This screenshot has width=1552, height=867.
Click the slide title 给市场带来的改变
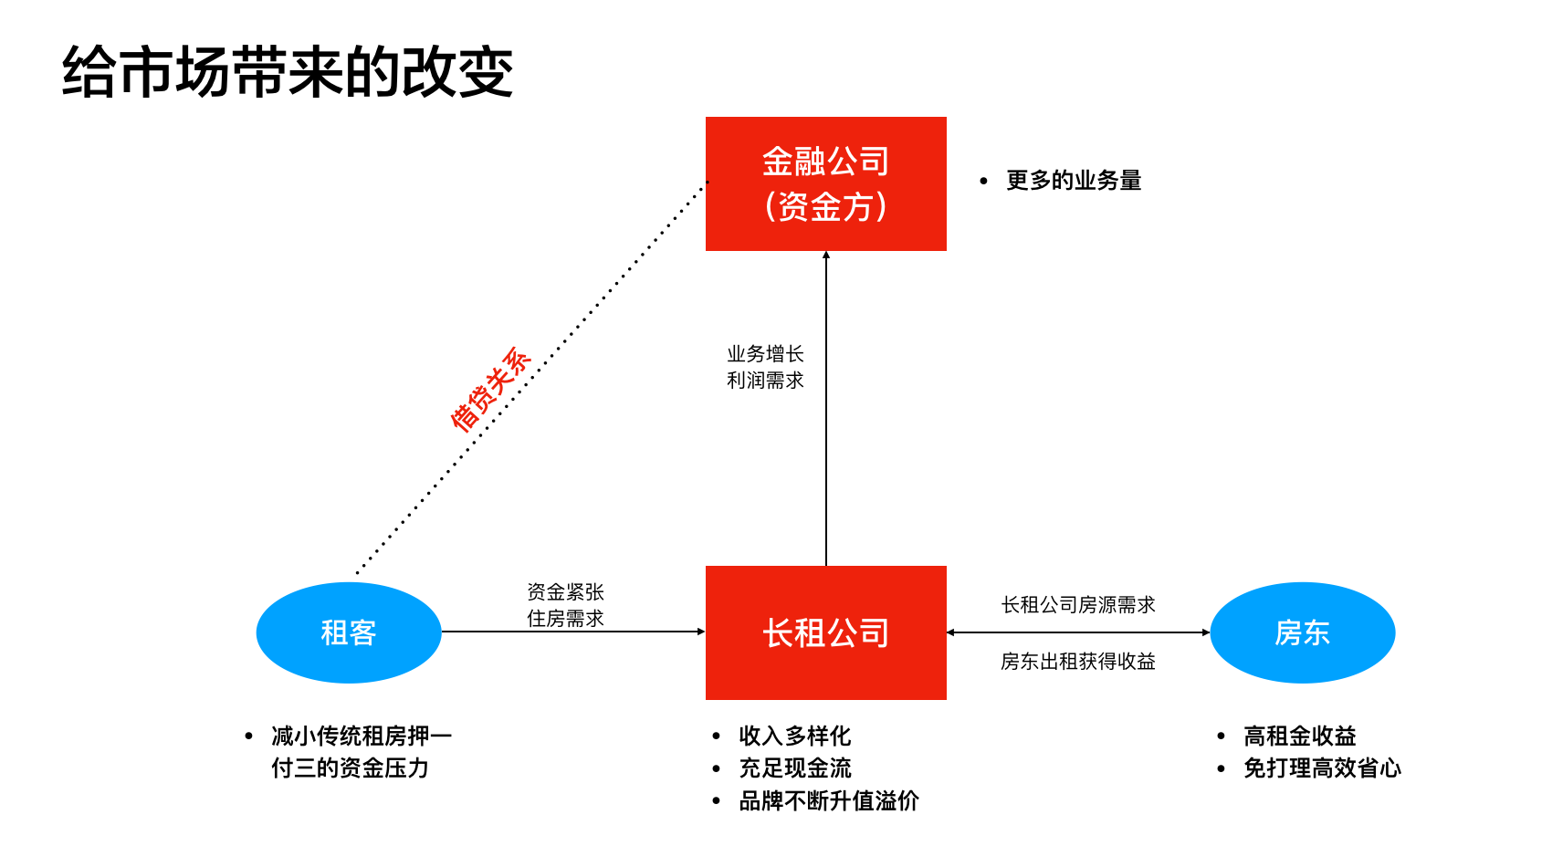tap(288, 73)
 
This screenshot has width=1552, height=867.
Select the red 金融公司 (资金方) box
tap(825, 183)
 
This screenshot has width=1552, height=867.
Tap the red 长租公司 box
tap(825, 632)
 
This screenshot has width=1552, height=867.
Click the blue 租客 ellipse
tap(349, 632)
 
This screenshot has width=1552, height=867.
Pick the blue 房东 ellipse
tap(1302, 632)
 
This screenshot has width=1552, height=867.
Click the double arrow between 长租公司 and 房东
tap(1077, 632)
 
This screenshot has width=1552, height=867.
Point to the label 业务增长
tap(765, 353)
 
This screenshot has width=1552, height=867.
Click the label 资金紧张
tap(565, 592)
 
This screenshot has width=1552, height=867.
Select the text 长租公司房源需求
tap(1078, 605)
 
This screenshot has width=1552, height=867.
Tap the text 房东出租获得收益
tap(1077, 661)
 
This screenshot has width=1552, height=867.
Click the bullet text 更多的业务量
tap(1074, 181)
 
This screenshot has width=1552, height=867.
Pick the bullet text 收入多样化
tap(795, 736)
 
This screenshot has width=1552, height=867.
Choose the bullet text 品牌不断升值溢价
tap(829, 800)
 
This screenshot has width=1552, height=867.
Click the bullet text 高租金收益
tap(1300, 736)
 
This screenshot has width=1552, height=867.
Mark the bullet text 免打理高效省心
tap(1322, 768)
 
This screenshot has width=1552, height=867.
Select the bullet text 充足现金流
tap(795, 768)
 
